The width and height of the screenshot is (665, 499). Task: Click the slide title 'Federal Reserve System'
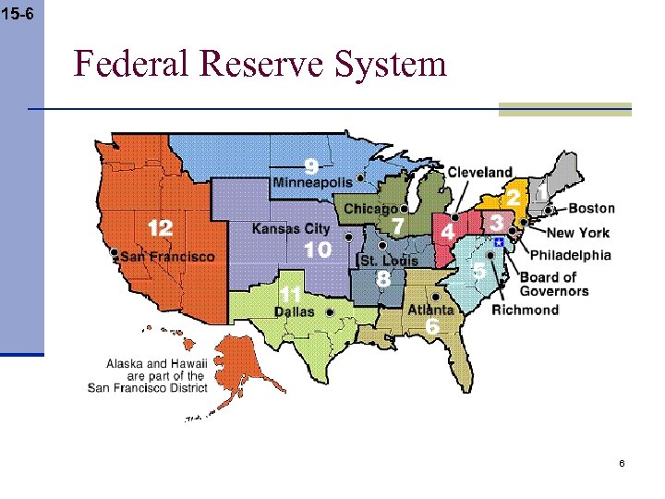tap(260, 64)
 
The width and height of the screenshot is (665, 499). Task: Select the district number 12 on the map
tap(160, 225)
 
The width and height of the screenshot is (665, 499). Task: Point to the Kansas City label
tap(291, 228)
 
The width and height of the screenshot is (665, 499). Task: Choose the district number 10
tap(317, 249)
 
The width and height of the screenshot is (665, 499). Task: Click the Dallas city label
tap(295, 311)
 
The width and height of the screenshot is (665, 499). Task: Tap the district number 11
tap(290, 294)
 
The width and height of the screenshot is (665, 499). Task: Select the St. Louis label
tap(389, 260)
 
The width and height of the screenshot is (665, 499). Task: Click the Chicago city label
tap(370, 210)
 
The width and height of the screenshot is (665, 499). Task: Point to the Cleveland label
tap(479, 172)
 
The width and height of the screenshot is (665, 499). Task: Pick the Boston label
tap(591, 209)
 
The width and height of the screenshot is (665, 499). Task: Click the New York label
tap(578, 233)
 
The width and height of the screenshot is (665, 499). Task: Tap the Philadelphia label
tap(570, 255)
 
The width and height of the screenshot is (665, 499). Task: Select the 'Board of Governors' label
tap(553, 284)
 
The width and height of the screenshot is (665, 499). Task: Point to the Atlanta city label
tap(430, 310)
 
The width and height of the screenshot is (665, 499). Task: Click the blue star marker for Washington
tap(499, 241)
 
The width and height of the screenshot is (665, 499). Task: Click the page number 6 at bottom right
tap(622, 462)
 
